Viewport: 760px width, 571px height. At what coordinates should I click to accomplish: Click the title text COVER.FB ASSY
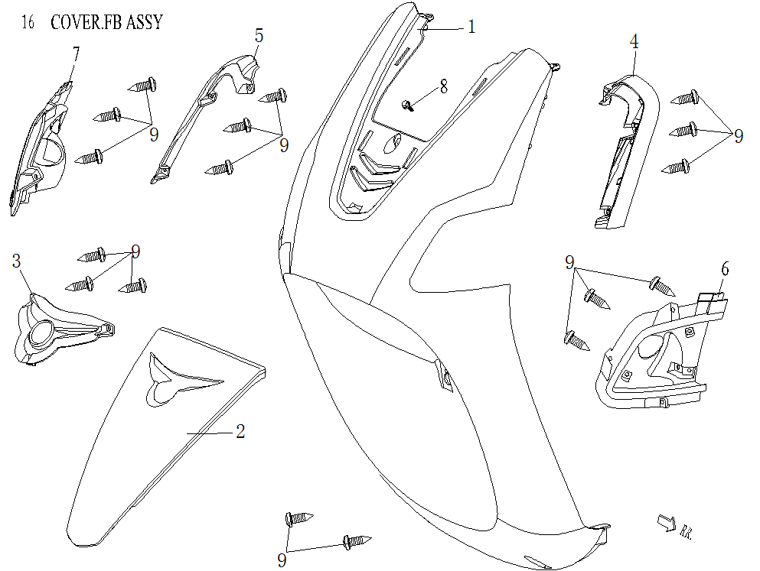[x=106, y=22]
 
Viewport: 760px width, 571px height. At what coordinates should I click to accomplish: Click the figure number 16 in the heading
[x=28, y=23]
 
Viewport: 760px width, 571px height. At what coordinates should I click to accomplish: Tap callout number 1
[x=471, y=28]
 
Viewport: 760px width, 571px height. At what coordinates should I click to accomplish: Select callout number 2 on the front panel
[x=240, y=432]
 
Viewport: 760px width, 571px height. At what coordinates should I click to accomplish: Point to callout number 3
[x=16, y=261]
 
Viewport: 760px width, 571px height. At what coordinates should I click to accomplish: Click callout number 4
[x=634, y=42]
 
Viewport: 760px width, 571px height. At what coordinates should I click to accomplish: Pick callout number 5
[x=259, y=35]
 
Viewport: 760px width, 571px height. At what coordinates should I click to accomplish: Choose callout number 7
[x=76, y=53]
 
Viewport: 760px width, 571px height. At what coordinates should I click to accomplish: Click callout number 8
[x=443, y=87]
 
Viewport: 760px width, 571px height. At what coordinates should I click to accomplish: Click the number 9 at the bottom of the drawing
[x=282, y=560]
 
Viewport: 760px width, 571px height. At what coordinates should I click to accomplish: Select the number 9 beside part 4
[x=738, y=136]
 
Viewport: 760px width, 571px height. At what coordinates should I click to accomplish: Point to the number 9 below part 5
[x=283, y=144]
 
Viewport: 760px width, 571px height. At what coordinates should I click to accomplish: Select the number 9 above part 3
[x=135, y=251]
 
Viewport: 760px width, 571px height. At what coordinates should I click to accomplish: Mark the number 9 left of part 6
[x=569, y=264]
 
